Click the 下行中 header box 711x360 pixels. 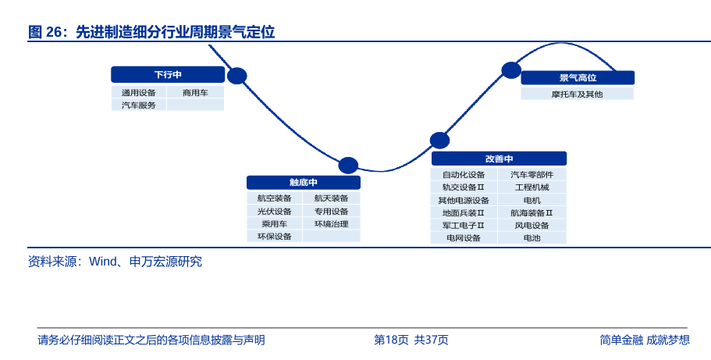(x=168, y=74)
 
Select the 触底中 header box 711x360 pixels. (x=304, y=183)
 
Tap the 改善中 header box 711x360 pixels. (x=499, y=159)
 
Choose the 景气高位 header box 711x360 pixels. (x=578, y=77)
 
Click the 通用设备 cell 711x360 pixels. (x=139, y=93)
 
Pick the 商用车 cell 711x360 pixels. (x=195, y=93)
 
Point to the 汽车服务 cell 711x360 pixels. (x=139, y=105)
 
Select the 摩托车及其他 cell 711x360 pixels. (x=578, y=94)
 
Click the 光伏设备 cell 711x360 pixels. (x=275, y=211)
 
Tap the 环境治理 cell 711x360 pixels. (x=332, y=224)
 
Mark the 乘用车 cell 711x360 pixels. (x=275, y=224)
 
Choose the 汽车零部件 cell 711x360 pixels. (x=532, y=174)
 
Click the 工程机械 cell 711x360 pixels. (x=532, y=187)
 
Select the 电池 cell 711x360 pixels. (x=532, y=237)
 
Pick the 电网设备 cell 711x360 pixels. (x=464, y=237)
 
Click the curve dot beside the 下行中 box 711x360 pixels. (x=236, y=76)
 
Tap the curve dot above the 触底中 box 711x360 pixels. (x=348, y=166)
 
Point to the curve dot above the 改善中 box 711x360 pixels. (x=439, y=141)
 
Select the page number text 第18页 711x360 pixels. (x=391, y=340)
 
